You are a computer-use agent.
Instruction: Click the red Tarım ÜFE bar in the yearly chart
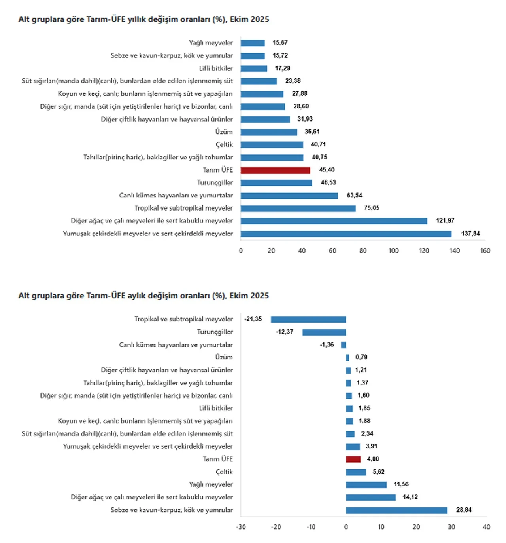pyautogui.click(x=275, y=170)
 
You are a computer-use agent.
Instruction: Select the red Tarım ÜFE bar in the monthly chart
pyautogui.click(x=353, y=459)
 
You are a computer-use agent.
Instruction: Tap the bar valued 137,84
pyautogui.click(x=346, y=234)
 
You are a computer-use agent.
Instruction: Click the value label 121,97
pyautogui.click(x=445, y=220)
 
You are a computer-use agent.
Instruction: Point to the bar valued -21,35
pyautogui.click(x=308, y=319)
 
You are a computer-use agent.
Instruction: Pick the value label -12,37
pyautogui.click(x=285, y=332)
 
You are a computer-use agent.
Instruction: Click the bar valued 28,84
pyautogui.click(x=396, y=510)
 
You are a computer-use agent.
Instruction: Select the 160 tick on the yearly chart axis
pyautogui.click(x=485, y=251)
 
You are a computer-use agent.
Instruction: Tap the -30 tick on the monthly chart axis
pyautogui.click(x=241, y=527)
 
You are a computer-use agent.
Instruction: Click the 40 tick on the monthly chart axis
pyautogui.click(x=486, y=527)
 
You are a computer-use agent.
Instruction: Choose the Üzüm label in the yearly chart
pyautogui.click(x=224, y=132)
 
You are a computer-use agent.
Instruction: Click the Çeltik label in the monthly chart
pyautogui.click(x=224, y=472)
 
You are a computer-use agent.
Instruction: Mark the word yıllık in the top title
pyautogui.click(x=137, y=19)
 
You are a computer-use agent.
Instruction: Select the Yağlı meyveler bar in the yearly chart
pyautogui.click(x=253, y=43)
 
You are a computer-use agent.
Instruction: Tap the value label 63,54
pyautogui.click(x=355, y=195)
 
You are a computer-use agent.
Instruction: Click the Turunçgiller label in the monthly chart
pyautogui.click(x=215, y=332)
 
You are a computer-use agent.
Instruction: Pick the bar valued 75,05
pyautogui.click(x=298, y=208)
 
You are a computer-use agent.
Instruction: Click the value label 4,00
pyautogui.click(x=373, y=459)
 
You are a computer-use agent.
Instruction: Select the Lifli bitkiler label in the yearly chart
pyautogui.click(x=216, y=68)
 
